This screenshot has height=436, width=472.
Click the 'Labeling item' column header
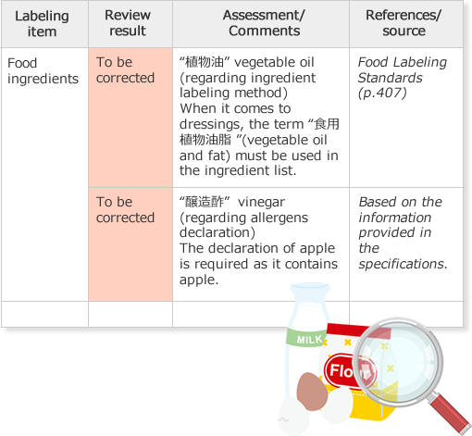42,24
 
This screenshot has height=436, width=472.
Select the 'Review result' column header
128,23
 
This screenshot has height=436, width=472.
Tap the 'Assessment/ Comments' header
264,23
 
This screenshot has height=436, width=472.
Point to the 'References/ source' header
404,23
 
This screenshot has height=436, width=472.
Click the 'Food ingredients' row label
43,70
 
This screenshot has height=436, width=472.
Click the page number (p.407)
382,93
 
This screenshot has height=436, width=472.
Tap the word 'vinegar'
262,203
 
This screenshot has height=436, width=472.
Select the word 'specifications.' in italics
403,264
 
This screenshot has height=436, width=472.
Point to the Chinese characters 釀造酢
205,202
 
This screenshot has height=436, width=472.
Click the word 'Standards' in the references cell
391,78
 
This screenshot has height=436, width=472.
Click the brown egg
312,392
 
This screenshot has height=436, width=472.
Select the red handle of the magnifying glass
450,413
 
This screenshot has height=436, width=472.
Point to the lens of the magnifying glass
398,362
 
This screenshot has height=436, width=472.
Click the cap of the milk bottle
310,289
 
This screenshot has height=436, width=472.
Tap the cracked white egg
293,416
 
